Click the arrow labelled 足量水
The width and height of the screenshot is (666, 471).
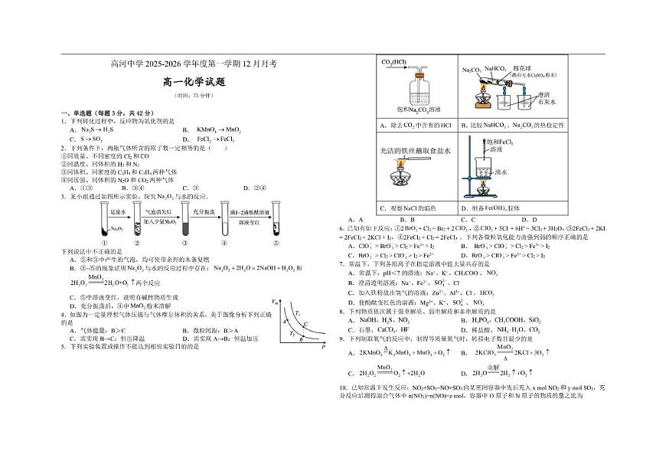pyautogui.click(x=117, y=211)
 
